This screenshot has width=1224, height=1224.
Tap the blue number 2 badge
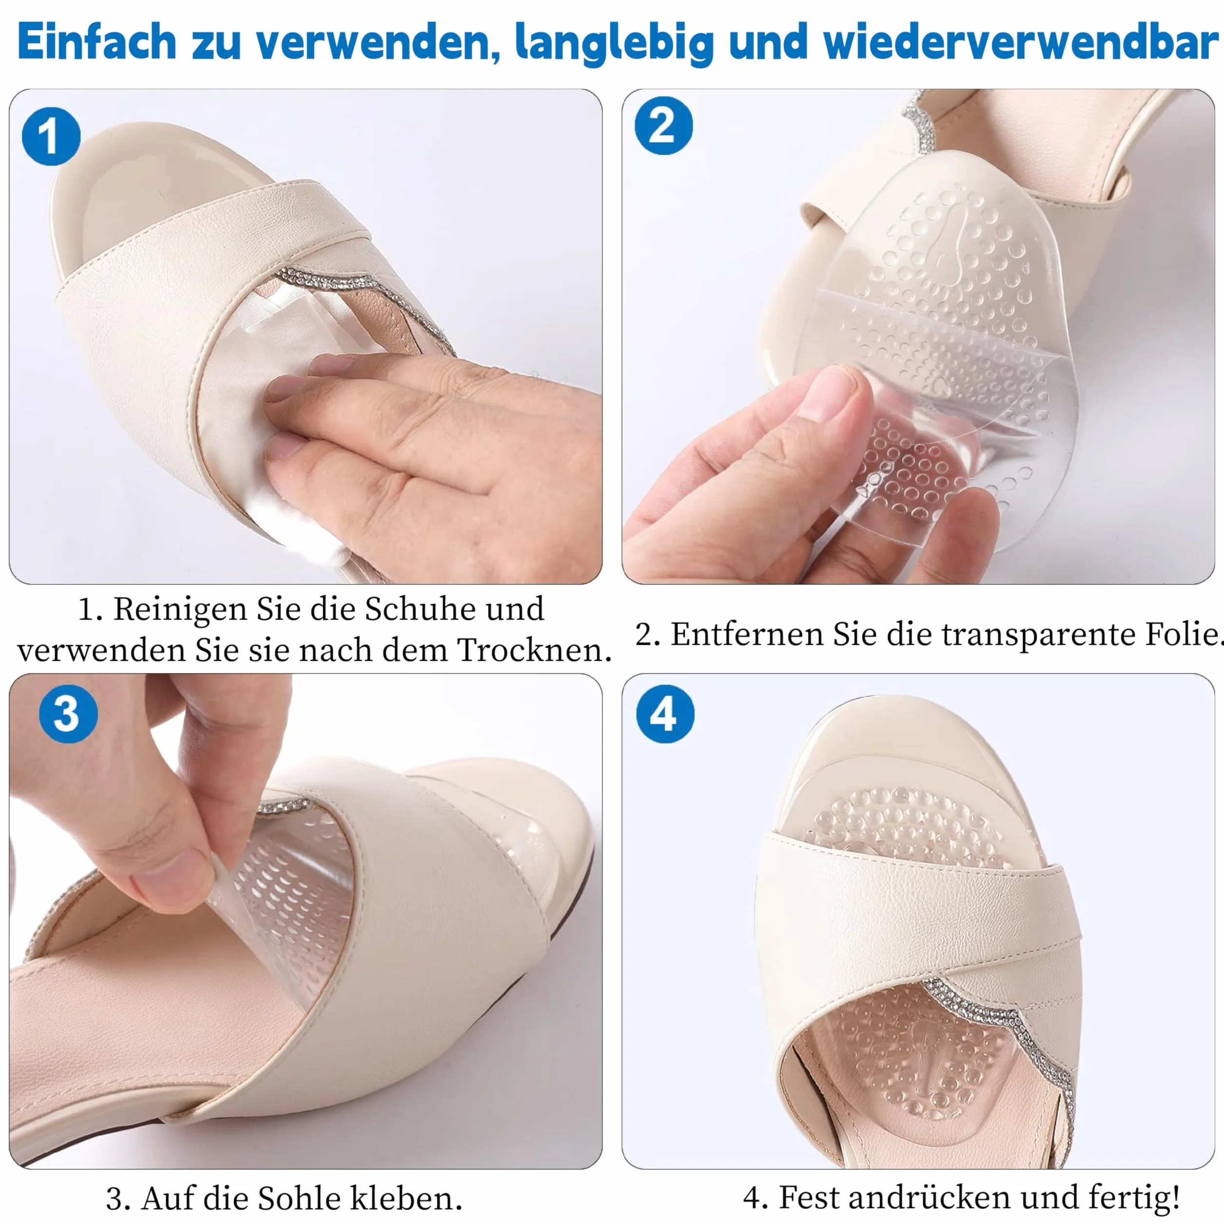click(663, 125)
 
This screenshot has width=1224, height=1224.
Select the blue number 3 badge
click(68, 714)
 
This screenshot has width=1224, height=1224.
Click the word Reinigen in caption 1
click(180, 610)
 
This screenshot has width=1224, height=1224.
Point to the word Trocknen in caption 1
click(533, 650)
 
